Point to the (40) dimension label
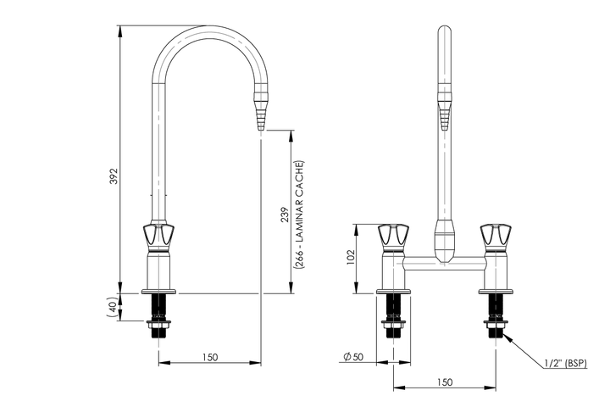pyautogui.click(x=112, y=307)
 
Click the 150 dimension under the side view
pyautogui.click(x=209, y=357)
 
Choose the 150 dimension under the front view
pyautogui.click(x=444, y=382)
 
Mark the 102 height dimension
pyautogui.click(x=351, y=258)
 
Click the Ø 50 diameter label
pyautogui.click(x=353, y=357)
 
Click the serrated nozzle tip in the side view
pyautogui.click(x=259, y=113)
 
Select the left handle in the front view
pyautogui.click(x=392, y=236)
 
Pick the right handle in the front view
pyautogui.click(x=494, y=236)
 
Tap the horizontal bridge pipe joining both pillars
pyautogui.click(x=443, y=265)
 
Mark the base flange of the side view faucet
pyautogui.click(x=159, y=291)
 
